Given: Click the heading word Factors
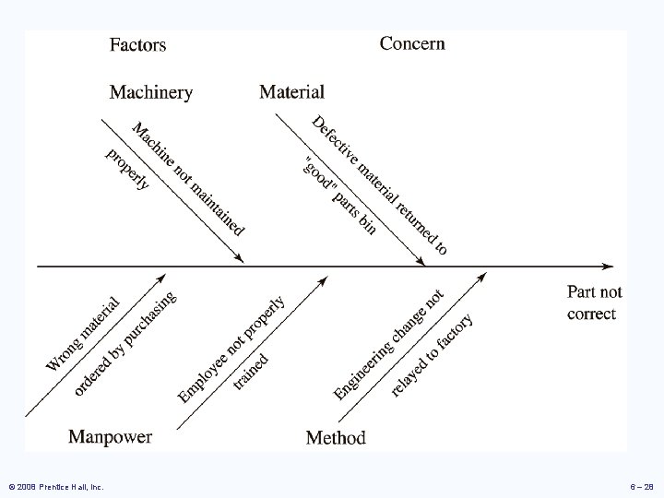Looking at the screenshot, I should (x=138, y=43).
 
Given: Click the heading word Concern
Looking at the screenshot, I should (x=412, y=42).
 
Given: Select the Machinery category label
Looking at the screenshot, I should (x=151, y=91).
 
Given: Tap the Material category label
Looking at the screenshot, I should (x=291, y=91).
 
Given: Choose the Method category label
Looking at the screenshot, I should (x=336, y=437).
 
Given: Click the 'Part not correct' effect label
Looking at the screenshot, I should (x=594, y=302).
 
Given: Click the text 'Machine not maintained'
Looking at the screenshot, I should (x=189, y=177).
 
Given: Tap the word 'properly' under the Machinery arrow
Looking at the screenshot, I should (x=128, y=168).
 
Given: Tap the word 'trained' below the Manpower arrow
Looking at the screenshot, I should (x=251, y=371).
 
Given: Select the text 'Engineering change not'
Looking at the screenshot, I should (x=389, y=344).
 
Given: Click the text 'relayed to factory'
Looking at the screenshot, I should (x=432, y=354).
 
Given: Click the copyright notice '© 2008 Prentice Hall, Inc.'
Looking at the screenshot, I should (x=54, y=485).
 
